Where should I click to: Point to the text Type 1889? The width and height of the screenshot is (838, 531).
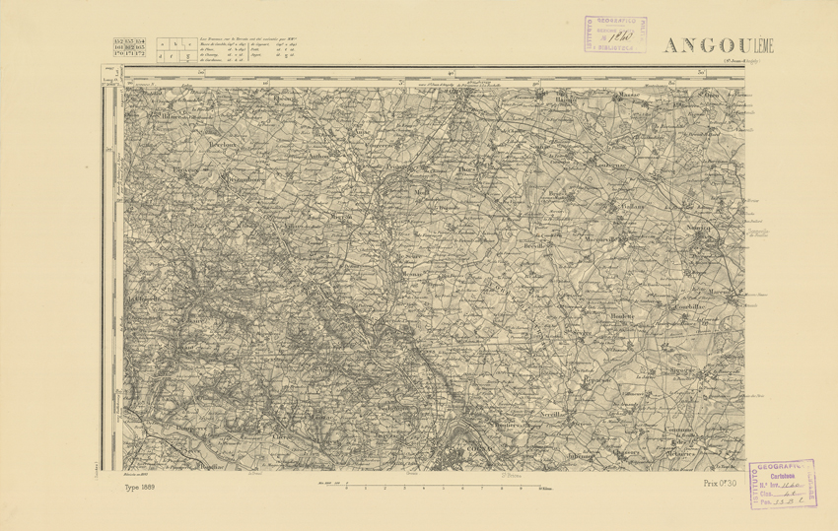click(143, 488)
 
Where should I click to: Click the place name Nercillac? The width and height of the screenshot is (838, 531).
click(547, 415)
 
